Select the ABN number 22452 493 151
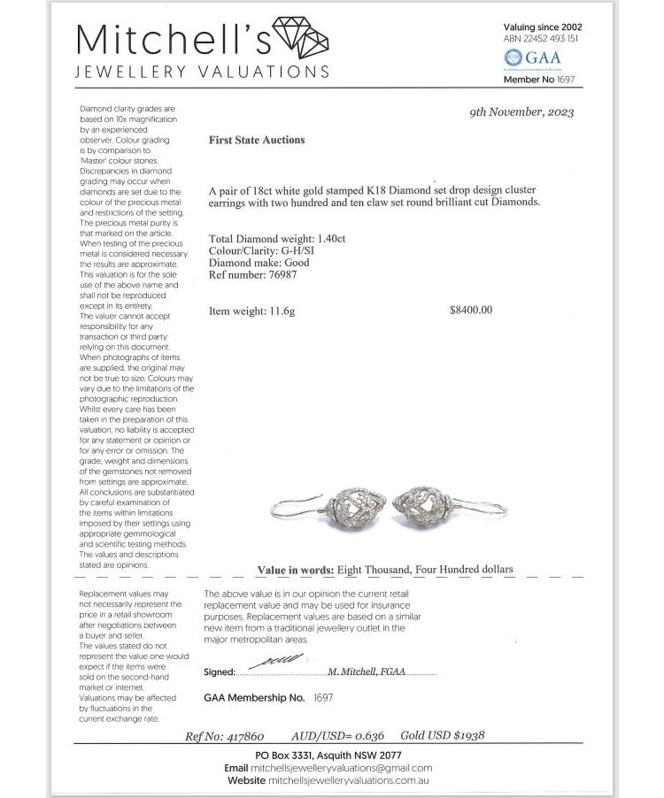point(552,39)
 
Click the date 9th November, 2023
point(521,111)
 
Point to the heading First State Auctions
point(257,140)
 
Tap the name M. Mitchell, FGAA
point(367,671)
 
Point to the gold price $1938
point(468,735)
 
